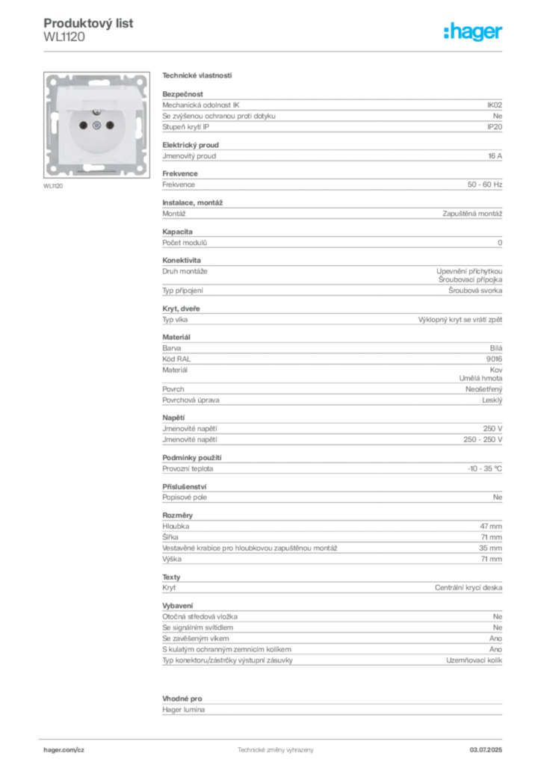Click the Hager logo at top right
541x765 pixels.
[473, 31]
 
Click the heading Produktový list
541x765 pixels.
[88, 23]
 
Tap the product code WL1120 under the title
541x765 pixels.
[64, 37]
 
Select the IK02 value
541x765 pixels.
[495, 105]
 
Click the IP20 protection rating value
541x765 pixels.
[495, 127]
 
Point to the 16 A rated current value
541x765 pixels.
[495, 156]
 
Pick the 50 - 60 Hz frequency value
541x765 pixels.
[485, 185]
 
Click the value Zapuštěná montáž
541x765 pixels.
[472, 214]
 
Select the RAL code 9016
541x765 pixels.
[494, 359]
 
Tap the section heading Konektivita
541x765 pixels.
[182, 261]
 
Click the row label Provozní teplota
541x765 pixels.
[188, 469]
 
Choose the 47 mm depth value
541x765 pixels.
[491, 527]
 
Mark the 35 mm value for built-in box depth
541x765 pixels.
[490, 548]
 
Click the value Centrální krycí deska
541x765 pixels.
[469, 588]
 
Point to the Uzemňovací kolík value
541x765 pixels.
[474, 660]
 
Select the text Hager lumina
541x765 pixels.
[183, 710]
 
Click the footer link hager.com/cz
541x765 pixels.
[64, 750]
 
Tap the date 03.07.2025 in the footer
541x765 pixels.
[486, 750]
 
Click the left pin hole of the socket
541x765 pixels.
[84, 126]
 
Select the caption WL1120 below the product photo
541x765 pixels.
[53, 186]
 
